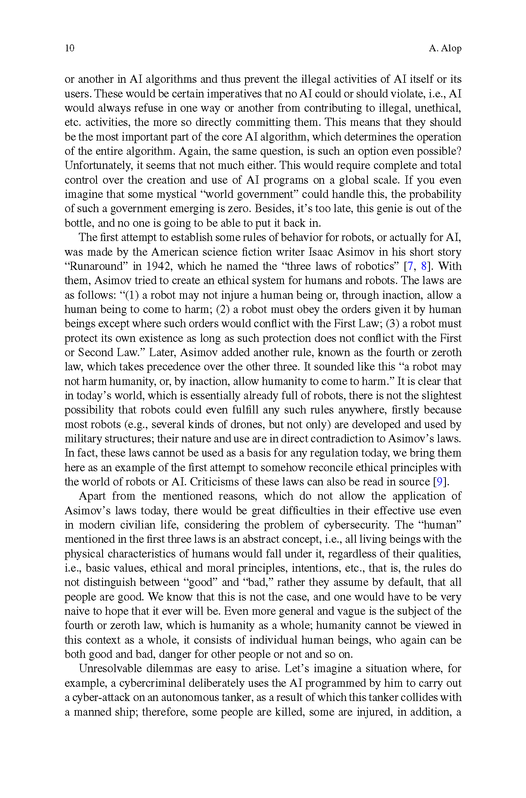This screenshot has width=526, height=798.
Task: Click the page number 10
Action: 69,48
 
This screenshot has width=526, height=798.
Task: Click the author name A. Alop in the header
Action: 445,48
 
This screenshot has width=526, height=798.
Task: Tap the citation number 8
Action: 423,266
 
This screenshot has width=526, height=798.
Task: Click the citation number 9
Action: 440,482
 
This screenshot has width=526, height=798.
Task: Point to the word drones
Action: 247,424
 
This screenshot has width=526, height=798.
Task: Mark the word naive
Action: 77,611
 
